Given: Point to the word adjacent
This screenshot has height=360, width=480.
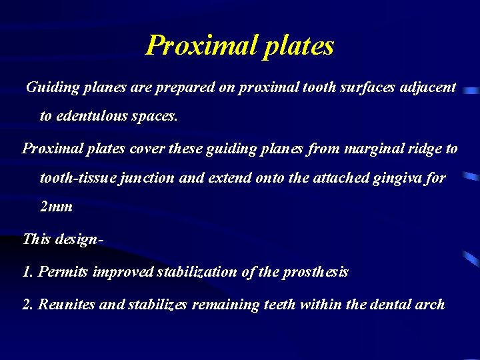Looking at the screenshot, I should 427,87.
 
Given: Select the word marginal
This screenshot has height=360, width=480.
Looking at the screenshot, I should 371,149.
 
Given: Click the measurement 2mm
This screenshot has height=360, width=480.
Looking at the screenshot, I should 56,207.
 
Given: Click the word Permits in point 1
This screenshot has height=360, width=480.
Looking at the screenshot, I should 61,272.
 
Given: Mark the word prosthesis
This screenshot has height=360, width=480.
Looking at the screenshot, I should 316,272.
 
